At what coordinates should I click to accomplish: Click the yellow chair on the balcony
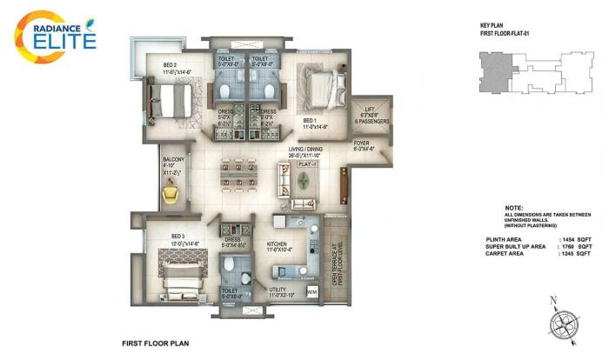pos(171,197)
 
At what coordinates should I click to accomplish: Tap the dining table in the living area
pos(237,173)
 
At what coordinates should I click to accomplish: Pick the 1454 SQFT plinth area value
pos(576,238)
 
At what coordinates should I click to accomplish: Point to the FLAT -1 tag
pos(306,163)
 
